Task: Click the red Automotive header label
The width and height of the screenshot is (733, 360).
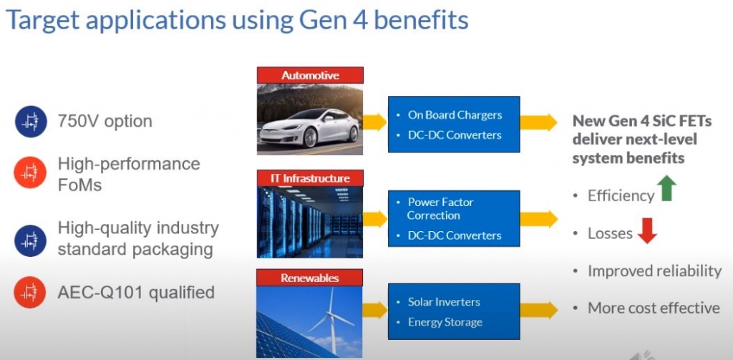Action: [x=310, y=75]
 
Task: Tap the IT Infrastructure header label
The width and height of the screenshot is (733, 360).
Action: [x=310, y=178]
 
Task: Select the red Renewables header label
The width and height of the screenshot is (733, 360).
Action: [x=310, y=278]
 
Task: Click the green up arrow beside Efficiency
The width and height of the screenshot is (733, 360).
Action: [x=666, y=188]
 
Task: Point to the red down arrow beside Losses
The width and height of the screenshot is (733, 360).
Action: [x=647, y=231]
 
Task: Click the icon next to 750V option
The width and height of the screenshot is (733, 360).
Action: [x=31, y=122]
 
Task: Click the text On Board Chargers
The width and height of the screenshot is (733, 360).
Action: [x=455, y=115]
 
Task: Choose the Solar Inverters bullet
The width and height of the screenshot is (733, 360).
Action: [x=444, y=301]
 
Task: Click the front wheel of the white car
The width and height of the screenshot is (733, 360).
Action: [x=310, y=137]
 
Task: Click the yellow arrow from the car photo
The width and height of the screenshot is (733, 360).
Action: [x=374, y=122]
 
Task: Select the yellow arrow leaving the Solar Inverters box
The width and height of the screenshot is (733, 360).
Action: [x=538, y=310]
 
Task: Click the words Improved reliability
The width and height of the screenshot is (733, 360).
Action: [x=654, y=271]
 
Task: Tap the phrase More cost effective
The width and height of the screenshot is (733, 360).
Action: [x=654, y=308]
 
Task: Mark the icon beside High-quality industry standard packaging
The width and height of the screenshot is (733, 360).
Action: [x=31, y=240]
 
